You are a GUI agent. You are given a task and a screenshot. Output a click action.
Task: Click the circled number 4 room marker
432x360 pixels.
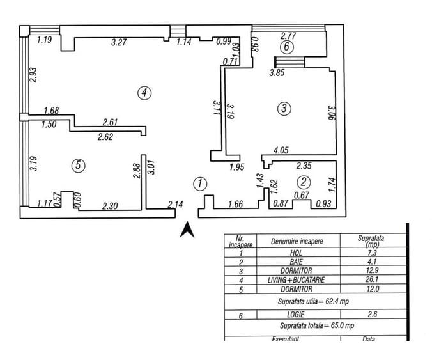pyautogui.click(x=144, y=93)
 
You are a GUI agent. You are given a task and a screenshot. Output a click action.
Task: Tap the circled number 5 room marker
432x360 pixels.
pyautogui.click(x=78, y=166)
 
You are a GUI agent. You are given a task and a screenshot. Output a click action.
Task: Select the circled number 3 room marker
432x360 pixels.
pyautogui.click(x=284, y=108)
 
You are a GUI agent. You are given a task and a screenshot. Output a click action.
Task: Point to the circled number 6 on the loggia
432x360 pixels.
pyautogui.click(x=286, y=47)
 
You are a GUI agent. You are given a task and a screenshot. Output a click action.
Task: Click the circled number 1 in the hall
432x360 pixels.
pyautogui.click(x=200, y=184)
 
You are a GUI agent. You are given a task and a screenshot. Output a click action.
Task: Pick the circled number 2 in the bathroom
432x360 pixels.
pyautogui.click(x=304, y=182)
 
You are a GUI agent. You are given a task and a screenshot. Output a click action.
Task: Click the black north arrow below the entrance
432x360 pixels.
pyautogui.click(x=187, y=230)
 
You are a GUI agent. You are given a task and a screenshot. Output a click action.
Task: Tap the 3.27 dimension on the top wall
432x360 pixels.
pyautogui.click(x=119, y=42)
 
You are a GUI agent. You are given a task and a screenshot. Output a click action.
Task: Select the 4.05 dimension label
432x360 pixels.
pyautogui.click(x=281, y=150)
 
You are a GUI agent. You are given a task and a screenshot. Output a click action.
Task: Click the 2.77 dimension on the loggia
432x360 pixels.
pyautogui.click(x=288, y=36)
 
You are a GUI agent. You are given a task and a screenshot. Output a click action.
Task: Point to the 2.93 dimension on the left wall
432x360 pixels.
pyautogui.click(x=33, y=75)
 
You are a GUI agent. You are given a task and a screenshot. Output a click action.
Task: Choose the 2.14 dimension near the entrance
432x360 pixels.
pyautogui.click(x=175, y=205)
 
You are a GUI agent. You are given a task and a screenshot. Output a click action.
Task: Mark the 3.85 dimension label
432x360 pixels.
pyautogui.click(x=277, y=73)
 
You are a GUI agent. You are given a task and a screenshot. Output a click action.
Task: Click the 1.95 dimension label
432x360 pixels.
pyautogui.click(x=237, y=167)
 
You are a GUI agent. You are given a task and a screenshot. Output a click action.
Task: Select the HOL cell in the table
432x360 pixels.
pyautogui.click(x=296, y=253)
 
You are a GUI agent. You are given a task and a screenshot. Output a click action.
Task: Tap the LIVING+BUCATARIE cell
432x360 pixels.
pyautogui.click(x=296, y=280)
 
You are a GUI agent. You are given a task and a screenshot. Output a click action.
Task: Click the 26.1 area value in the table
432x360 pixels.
pyautogui.click(x=372, y=279)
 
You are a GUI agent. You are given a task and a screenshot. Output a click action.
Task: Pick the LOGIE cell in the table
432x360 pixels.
pyautogui.click(x=296, y=314)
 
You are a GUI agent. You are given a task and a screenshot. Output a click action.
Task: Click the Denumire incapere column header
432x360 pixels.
pyautogui.click(x=297, y=242)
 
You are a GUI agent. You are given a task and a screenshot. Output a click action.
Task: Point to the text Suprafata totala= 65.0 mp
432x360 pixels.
pyautogui.click(x=317, y=325)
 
